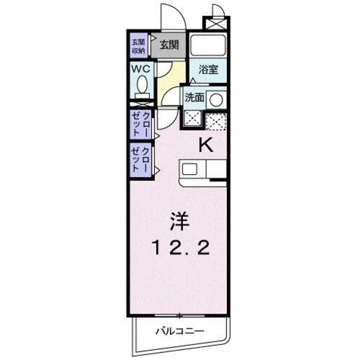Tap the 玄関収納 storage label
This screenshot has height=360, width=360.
pos(139,46)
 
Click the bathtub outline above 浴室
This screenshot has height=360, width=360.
pos(208,45)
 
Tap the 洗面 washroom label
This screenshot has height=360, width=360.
pos(195,97)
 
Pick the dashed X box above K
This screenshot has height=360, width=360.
pos(216,120)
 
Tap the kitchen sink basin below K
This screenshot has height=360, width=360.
pos(189,169)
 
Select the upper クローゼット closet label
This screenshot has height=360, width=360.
pos(141,124)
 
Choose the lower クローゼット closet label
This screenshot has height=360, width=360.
pos(141,159)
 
